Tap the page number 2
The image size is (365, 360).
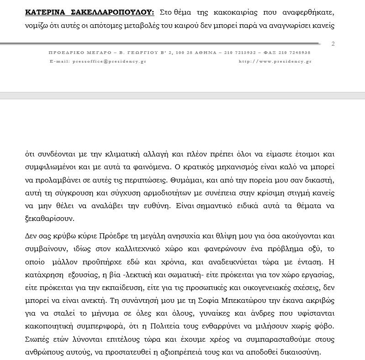click(x=333, y=43)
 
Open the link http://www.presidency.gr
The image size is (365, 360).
click(x=275, y=61)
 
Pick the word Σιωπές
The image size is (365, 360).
click(x=37, y=339)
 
